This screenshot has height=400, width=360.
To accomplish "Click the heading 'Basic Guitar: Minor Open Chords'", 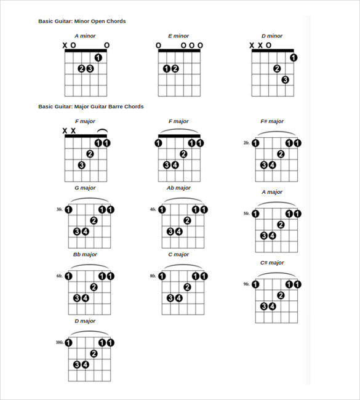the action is click(x=82, y=21).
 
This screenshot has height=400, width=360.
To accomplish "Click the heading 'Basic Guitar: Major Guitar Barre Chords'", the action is click(x=90, y=106).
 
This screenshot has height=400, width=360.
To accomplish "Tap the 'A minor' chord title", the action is click(x=85, y=36).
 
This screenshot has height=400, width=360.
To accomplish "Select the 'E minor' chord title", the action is click(x=178, y=36).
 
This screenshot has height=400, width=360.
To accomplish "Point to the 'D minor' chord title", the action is click(x=271, y=36).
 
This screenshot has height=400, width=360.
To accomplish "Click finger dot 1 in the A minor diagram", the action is click(x=98, y=58).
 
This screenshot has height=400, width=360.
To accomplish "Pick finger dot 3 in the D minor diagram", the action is click(x=285, y=79).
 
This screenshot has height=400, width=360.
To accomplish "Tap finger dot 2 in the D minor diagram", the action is click(x=277, y=68).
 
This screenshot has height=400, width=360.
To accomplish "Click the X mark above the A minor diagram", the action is click(x=65, y=45).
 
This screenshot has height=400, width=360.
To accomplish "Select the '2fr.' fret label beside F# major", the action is click(x=246, y=143).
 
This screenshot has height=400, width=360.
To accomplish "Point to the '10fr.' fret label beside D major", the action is click(x=59, y=342).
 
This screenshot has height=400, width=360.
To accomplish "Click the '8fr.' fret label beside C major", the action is click(x=153, y=276).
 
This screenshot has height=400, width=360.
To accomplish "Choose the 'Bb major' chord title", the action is click(x=85, y=254).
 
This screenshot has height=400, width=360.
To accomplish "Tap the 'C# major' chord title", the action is click(x=271, y=263).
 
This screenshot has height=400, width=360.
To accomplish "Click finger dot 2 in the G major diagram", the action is click(x=94, y=220).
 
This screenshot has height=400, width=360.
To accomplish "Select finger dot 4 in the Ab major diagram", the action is click(x=178, y=231).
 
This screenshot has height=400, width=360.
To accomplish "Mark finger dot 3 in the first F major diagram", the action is click(x=81, y=165).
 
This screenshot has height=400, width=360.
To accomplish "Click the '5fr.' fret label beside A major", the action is click(x=246, y=214).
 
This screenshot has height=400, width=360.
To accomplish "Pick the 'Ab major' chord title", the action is click(x=178, y=188).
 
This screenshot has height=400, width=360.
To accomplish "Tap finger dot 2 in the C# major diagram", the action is click(x=281, y=295).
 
